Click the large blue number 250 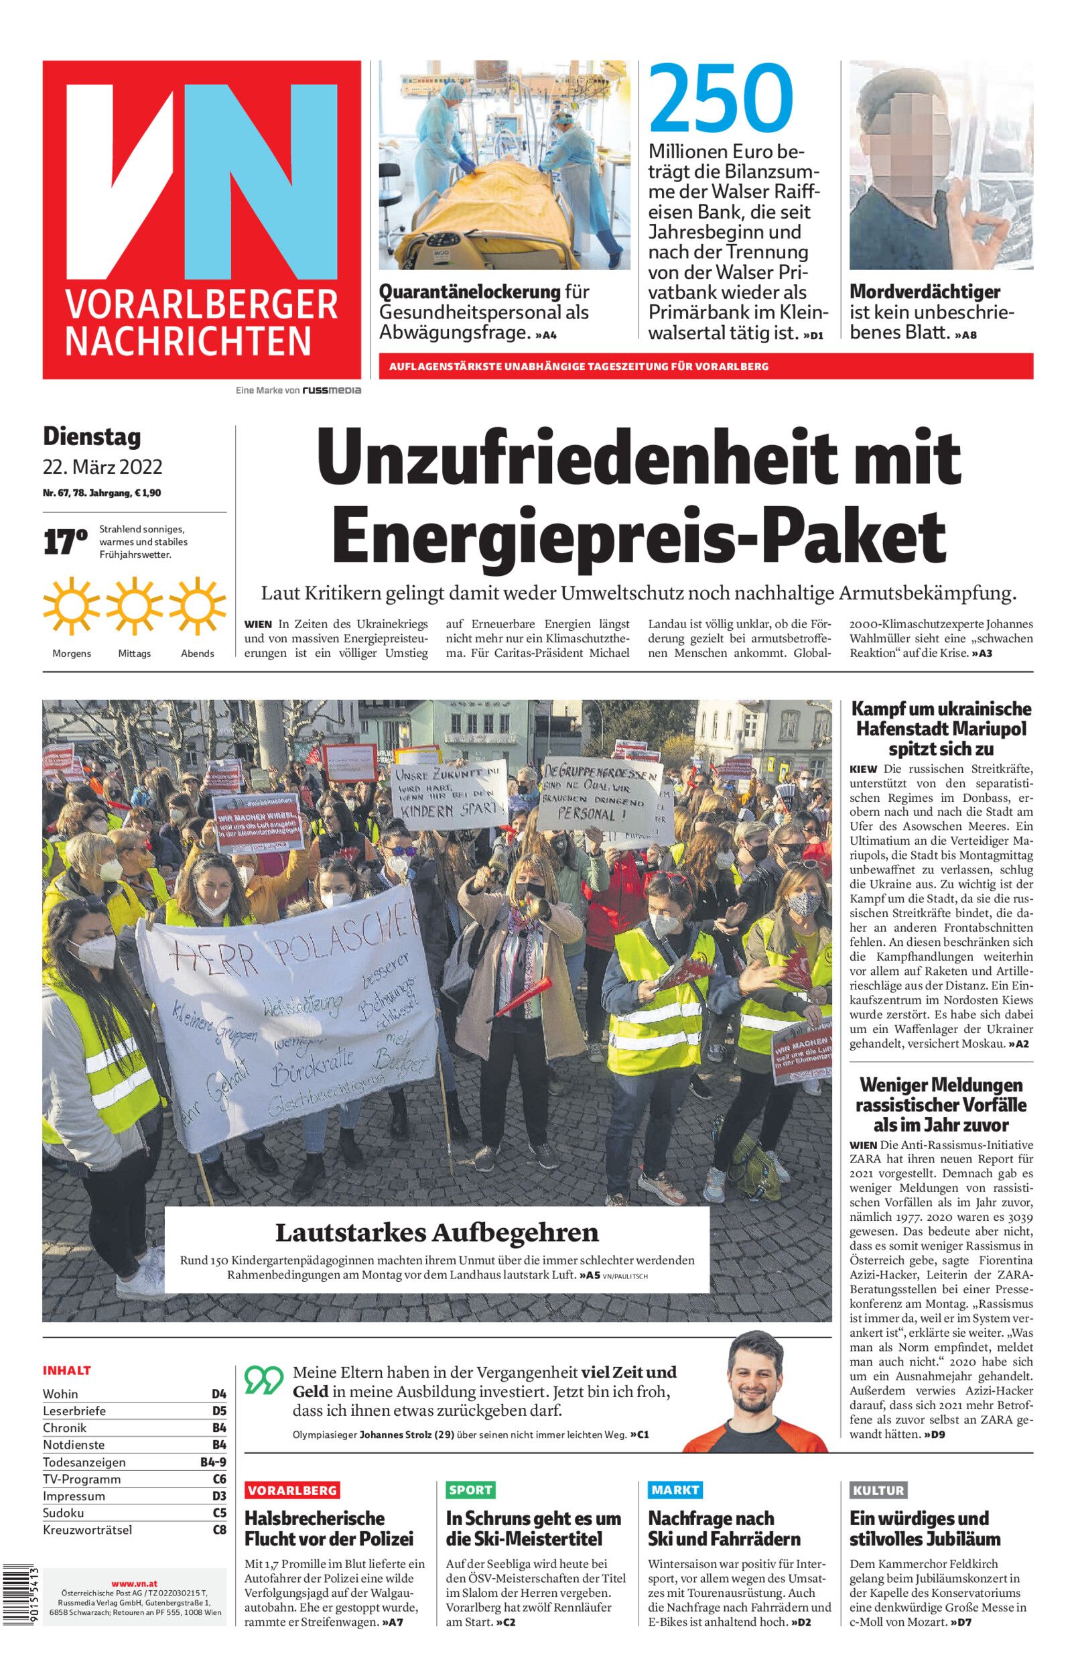point(722,99)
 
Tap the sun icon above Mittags point(135,607)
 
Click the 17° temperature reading point(65,543)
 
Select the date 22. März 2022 point(103,466)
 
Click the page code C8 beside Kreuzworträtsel point(219,1530)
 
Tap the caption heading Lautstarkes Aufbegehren point(437,1232)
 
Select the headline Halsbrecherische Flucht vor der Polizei point(328,1529)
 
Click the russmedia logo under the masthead point(331,391)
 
